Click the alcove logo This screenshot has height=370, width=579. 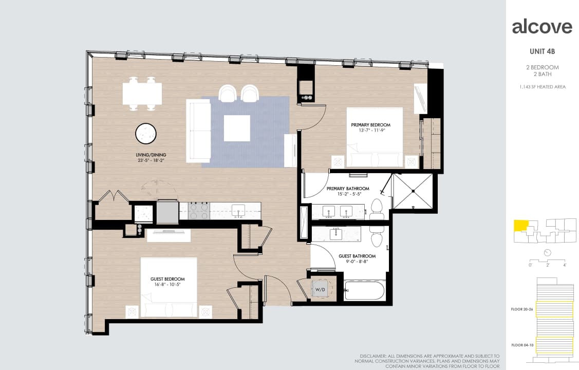tap(542, 27)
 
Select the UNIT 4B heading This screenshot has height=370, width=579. tap(542, 51)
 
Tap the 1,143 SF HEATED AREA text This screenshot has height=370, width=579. tap(542, 87)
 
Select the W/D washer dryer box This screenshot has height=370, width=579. tap(322, 289)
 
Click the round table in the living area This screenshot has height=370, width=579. tap(146, 134)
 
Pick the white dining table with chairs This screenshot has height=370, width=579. tap(142, 94)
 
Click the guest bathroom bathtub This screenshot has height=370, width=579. tap(364, 290)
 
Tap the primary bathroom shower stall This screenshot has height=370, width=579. tap(413, 191)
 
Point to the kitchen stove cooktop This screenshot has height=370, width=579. tap(198, 210)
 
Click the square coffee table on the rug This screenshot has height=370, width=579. tap(237, 128)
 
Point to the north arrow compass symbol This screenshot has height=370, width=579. tap(547, 252)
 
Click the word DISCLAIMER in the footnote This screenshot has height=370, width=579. tap(373, 356)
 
